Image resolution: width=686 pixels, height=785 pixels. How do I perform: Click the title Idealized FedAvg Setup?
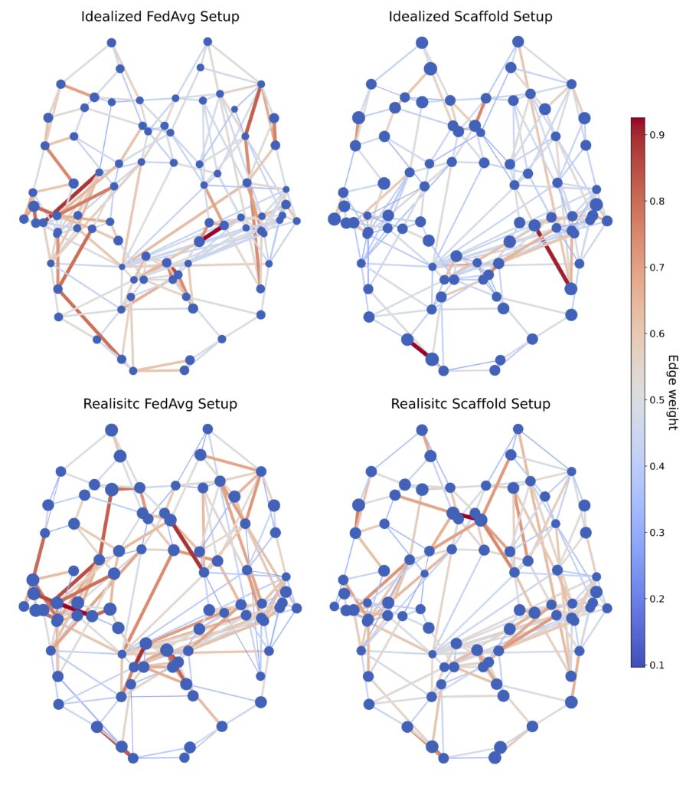(160, 16)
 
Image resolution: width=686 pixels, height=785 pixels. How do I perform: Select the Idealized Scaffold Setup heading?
(470, 16)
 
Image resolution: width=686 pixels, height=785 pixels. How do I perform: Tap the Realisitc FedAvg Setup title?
(160, 403)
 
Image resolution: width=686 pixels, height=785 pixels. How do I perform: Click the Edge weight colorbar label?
(672, 392)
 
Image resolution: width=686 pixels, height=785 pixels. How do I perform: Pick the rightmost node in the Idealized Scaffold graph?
(607, 221)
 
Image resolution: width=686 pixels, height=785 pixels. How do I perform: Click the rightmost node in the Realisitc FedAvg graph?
(296, 608)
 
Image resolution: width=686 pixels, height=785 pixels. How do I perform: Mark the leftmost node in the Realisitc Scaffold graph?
(334, 606)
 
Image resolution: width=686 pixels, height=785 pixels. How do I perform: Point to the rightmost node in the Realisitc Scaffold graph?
(607, 608)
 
